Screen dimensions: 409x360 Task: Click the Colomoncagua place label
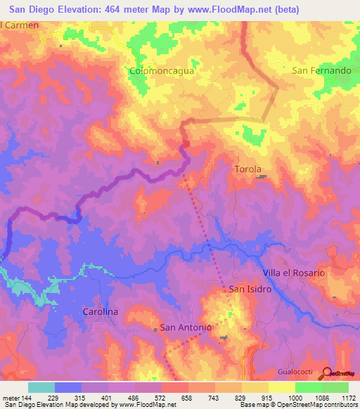[x=162, y=71]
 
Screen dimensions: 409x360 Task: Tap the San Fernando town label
[x=321, y=71]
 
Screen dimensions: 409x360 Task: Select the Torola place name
[x=247, y=169]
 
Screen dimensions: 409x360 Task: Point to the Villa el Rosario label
[x=294, y=273]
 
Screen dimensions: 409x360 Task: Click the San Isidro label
[x=245, y=289]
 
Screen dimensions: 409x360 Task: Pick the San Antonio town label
[x=186, y=327]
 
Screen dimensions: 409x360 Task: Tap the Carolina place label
[x=100, y=311]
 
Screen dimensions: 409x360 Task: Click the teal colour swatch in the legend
[x=41, y=387]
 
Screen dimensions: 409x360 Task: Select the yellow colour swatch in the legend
[x=255, y=387]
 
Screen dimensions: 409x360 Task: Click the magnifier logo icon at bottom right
[x=326, y=374]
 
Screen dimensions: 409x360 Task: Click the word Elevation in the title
[x=81, y=9]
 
